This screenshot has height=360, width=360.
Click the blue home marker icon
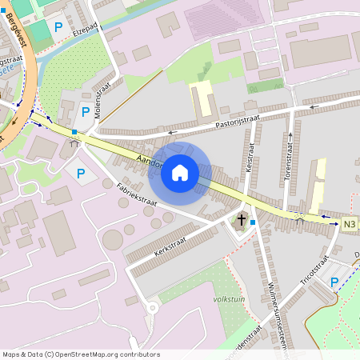pos(180,172)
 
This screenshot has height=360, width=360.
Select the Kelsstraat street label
pos(250,160)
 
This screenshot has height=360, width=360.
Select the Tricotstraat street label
pos(314,273)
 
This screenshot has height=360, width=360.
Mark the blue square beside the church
pos(253,222)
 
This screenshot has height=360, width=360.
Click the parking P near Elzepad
pos(58,26)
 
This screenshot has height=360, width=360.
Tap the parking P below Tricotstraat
pos(334,282)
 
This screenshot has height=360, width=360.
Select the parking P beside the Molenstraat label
pos(85,113)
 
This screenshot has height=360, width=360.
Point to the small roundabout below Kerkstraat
pos(151,307)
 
